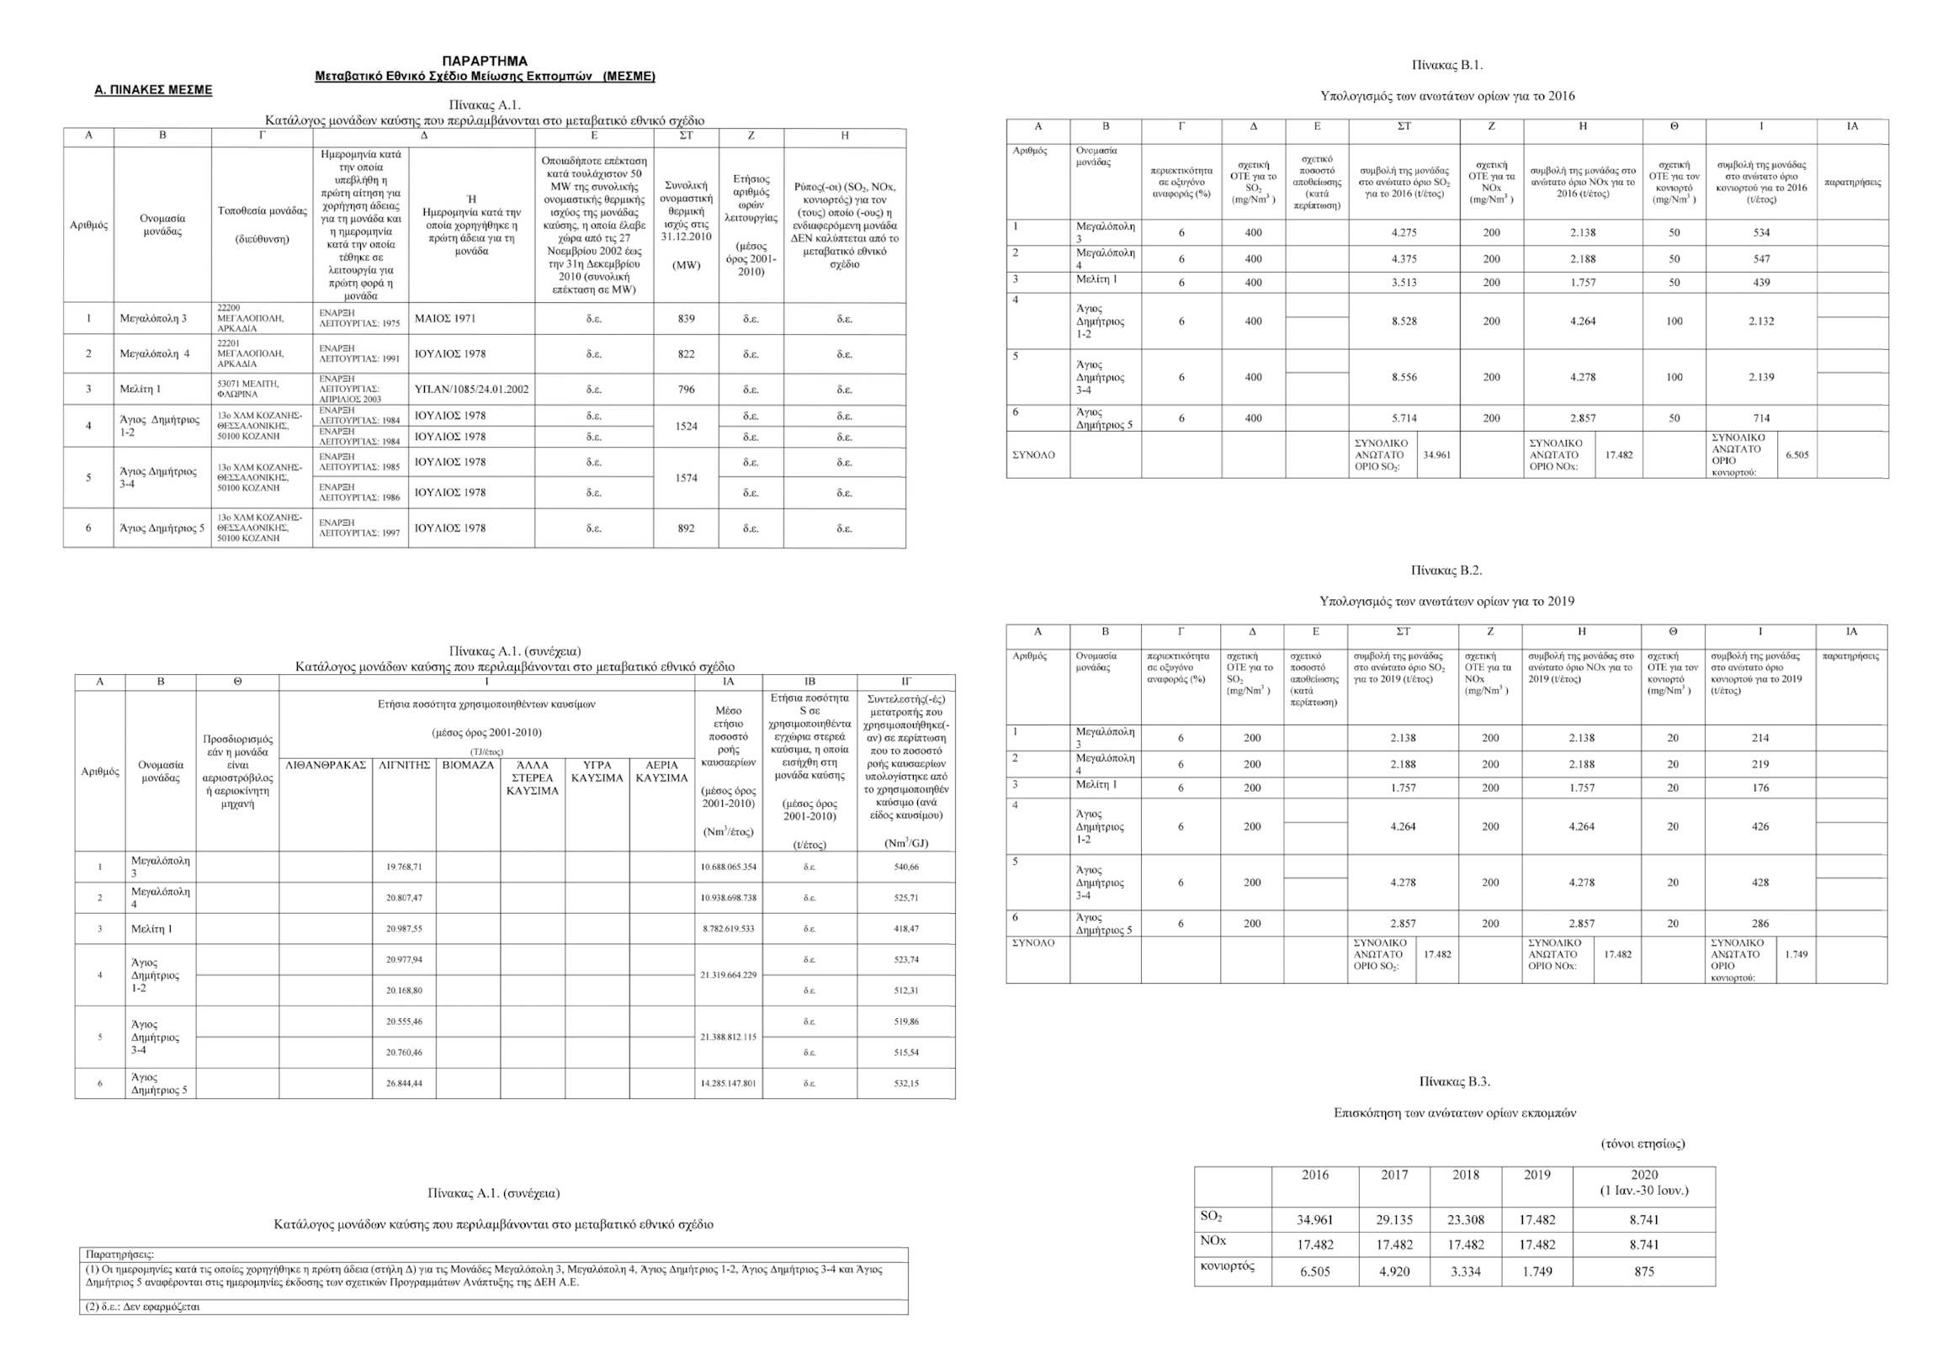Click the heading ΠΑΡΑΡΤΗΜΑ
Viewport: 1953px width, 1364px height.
pyautogui.click(x=485, y=61)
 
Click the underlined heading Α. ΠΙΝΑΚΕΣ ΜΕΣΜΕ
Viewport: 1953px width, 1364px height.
pyautogui.click(x=153, y=90)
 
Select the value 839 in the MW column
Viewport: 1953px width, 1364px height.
pyautogui.click(x=687, y=319)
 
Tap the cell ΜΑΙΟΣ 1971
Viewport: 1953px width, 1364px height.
pyautogui.click(x=445, y=319)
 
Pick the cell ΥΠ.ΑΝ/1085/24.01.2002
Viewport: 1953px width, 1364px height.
pyautogui.click(x=471, y=390)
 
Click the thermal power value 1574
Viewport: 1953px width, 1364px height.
pyautogui.click(x=687, y=478)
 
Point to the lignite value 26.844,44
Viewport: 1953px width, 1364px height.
pyautogui.click(x=404, y=1084)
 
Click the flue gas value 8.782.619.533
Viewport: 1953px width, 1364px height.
pyautogui.click(x=728, y=929)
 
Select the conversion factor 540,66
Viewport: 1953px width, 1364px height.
pyautogui.click(x=906, y=867)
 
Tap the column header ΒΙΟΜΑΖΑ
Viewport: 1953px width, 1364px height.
pyautogui.click(x=468, y=766)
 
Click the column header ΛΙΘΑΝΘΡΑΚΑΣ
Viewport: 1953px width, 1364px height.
pyautogui.click(x=326, y=766)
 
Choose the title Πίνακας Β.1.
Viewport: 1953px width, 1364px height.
pyautogui.click(x=1447, y=66)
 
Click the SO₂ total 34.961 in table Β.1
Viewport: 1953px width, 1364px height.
pyautogui.click(x=1436, y=455)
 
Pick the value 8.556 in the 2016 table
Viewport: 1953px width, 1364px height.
pyautogui.click(x=1404, y=377)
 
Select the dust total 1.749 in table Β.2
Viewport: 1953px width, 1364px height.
pyautogui.click(x=1796, y=954)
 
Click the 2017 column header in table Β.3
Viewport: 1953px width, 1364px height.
pyautogui.click(x=1394, y=1176)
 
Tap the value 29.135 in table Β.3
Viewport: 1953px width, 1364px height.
pyautogui.click(x=1394, y=1220)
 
